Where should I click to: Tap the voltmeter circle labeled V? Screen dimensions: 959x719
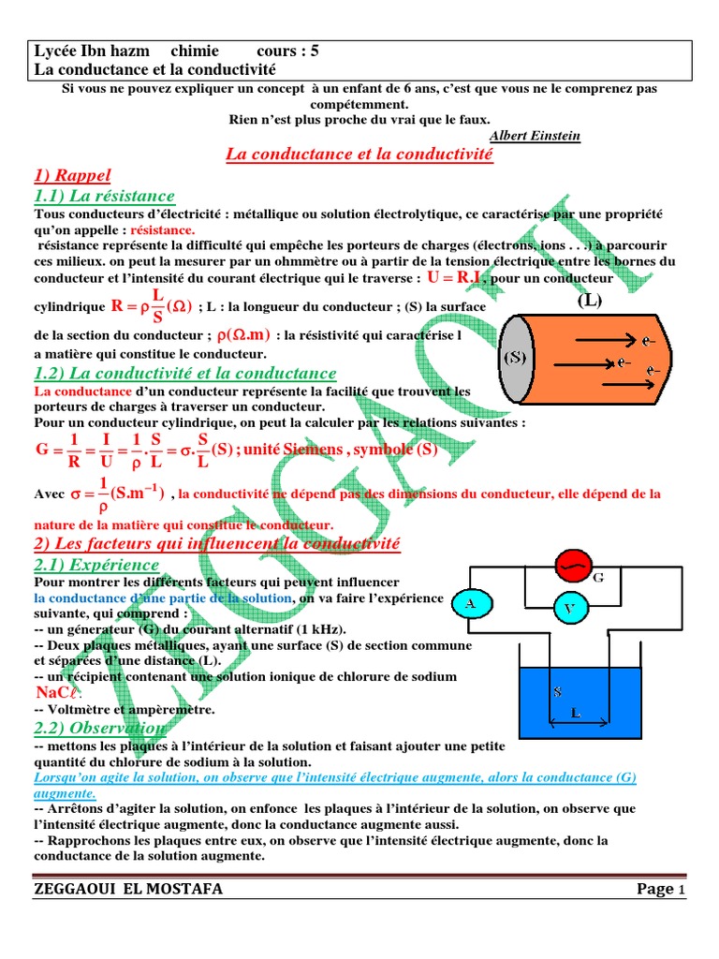point(568,610)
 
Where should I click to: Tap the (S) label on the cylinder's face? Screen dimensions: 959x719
point(516,358)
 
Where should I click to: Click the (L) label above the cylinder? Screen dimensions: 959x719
point(591,301)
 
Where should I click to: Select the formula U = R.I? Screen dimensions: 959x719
point(456,278)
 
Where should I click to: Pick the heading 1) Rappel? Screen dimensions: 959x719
point(72,174)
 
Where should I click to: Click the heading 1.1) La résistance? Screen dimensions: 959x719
point(104,196)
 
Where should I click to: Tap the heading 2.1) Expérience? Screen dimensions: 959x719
point(96,565)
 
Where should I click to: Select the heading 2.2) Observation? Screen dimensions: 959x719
point(101,728)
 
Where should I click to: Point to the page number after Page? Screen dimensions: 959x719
point(682,890)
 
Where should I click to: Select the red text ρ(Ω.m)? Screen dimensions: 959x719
point(243,336)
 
